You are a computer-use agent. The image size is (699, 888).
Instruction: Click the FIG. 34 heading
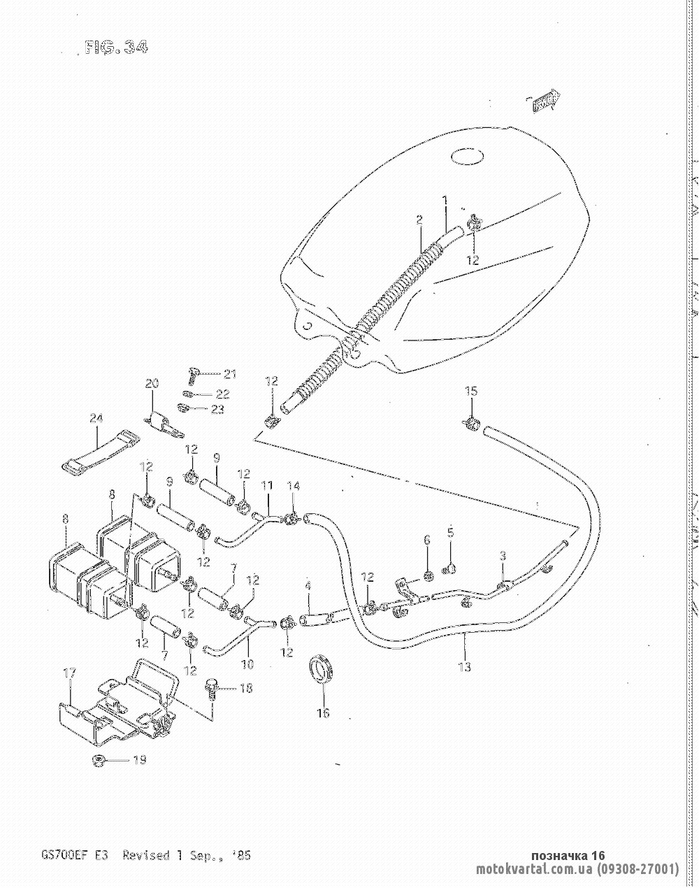point(115,48)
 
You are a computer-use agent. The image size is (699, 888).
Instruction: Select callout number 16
point(323,713)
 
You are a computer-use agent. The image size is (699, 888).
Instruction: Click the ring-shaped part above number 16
point(322,667)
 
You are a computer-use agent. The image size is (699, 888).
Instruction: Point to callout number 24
point(96,419)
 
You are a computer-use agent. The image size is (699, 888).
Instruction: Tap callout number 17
point(69,674)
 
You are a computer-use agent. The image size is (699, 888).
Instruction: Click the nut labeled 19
point(99,760)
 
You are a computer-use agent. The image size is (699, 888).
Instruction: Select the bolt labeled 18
point(211,688)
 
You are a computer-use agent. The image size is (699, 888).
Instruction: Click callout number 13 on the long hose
point(464,666)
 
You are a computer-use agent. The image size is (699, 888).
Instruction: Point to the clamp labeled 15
point(472,422)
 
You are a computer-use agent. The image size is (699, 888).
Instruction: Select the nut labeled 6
point(428,575)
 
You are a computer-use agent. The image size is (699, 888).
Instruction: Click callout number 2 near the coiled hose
point(419,220)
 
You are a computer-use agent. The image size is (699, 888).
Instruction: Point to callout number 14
point(294,486)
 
